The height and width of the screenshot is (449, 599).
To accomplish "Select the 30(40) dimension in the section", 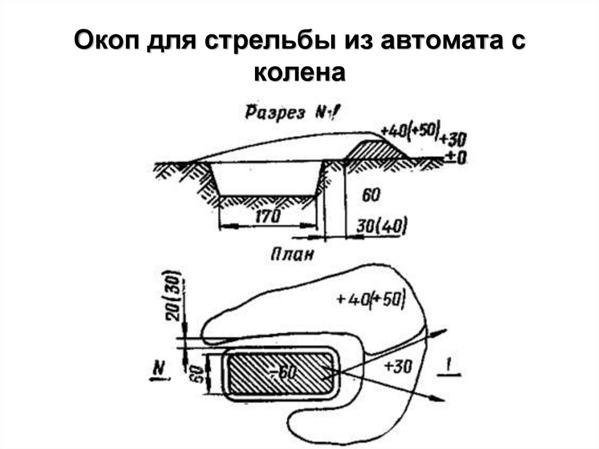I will [382, 225].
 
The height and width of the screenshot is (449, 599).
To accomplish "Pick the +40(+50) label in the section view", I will [409, 131].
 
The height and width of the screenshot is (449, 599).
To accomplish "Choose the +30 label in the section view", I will [453, 139].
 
